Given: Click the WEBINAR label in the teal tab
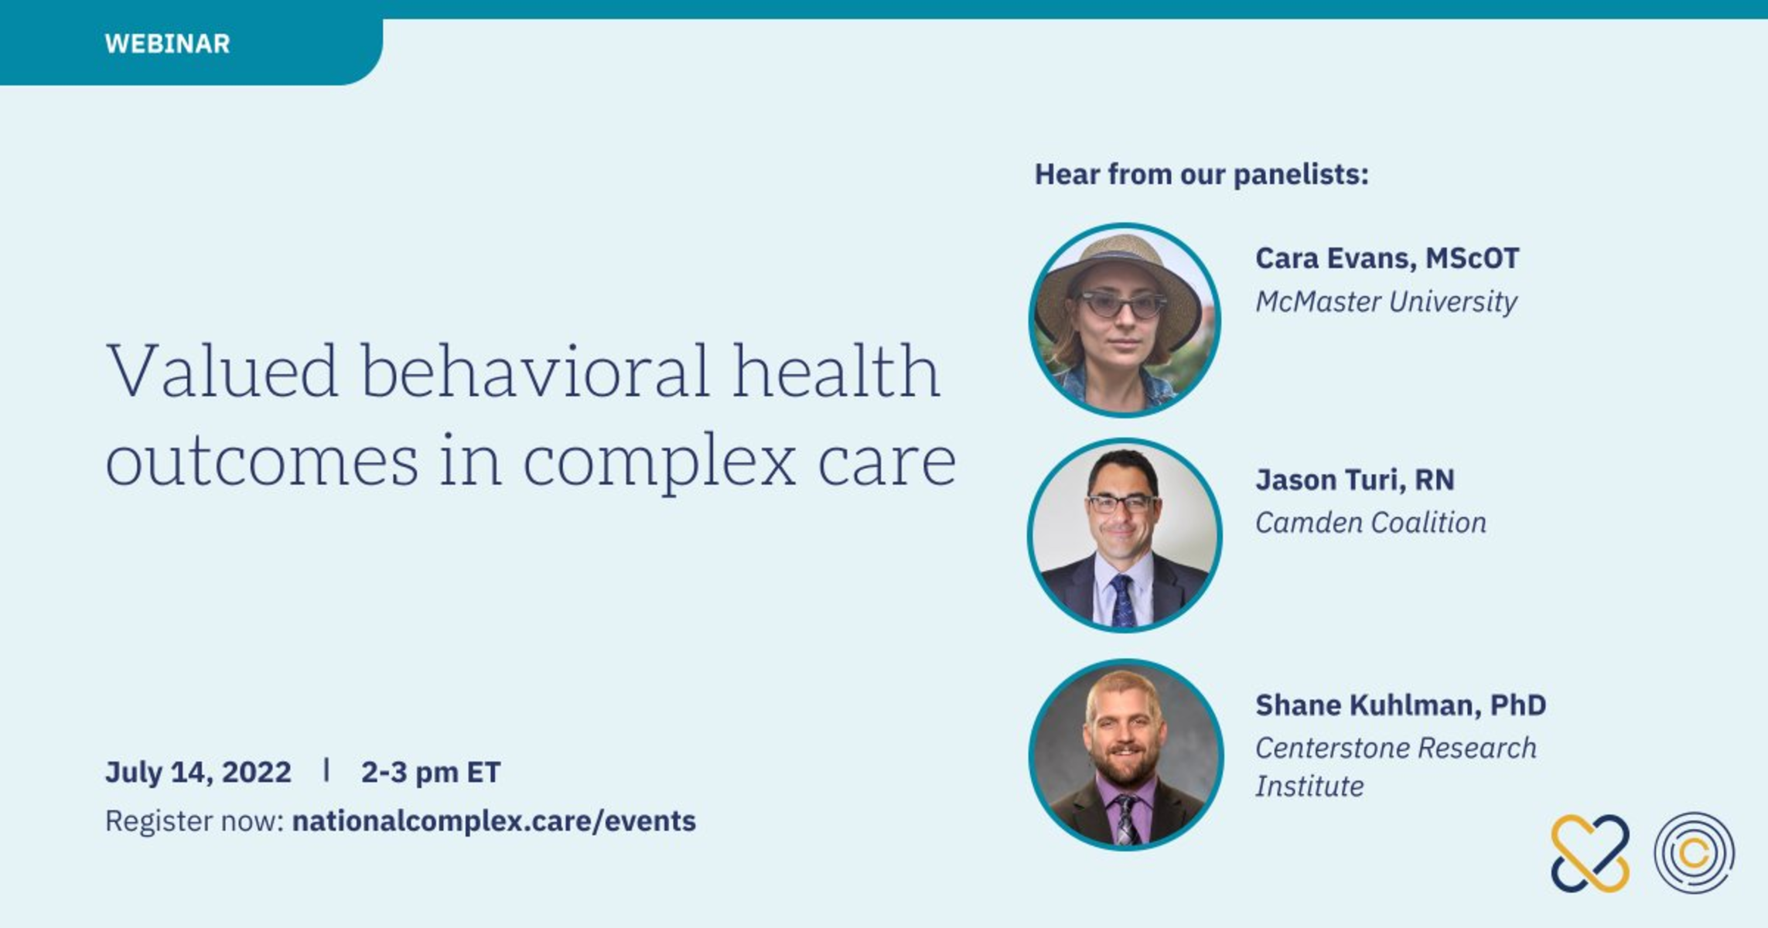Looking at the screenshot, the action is coord(167,43).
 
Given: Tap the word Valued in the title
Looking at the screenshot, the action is coord(222,371).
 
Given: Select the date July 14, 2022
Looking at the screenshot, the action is coord(198,772).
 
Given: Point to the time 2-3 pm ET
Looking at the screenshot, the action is coord(431,772).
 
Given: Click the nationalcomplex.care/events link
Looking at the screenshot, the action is coord(493,821).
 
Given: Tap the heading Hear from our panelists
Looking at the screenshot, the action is coord(1201,175).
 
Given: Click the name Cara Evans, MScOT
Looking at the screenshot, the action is coord(1387,258).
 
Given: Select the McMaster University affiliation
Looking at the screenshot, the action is coord(1386,302).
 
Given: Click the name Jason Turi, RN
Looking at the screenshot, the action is coord(1354,479).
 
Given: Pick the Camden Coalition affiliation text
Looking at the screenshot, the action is coord(1370,523).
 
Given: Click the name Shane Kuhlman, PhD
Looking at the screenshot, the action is coord(1400,705).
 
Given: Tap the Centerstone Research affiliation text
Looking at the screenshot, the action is coord(1395,749).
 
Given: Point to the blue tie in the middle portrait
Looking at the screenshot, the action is coord(1123,600).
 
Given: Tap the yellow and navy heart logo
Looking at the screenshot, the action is coord(1590,853).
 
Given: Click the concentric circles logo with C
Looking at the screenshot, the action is coord(1694,853).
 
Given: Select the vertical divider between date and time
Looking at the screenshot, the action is coord(326,769).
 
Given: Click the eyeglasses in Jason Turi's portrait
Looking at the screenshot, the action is coord(1123,504).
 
